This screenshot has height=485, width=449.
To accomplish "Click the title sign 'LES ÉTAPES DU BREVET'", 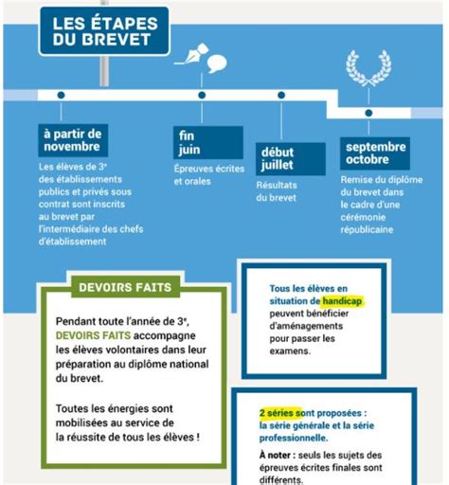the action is (104, 30).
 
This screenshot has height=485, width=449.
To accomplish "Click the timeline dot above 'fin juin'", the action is (202, 95).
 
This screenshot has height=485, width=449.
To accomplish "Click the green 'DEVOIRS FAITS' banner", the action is (121, 283).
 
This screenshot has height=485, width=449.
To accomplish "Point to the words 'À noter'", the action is (279, 454).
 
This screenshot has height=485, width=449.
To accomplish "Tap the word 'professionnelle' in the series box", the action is (294, 438).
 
